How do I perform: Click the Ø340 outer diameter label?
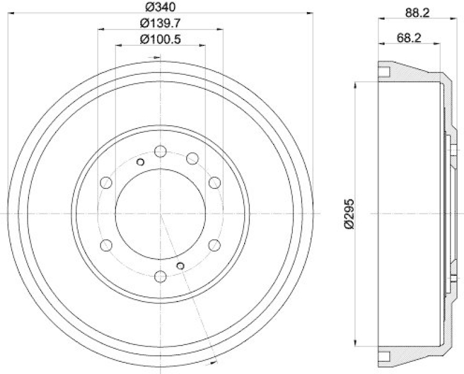(x=161, y=8)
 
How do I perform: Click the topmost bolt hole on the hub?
(x=161, y=152)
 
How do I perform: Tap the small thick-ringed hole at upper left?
(x=140, y=162)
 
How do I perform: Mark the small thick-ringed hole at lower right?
(x=181, y=266)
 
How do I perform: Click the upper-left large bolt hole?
(x=106, y=183)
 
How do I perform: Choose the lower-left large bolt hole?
(x=106, y=245)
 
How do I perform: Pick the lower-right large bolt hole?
(x=215, y=245)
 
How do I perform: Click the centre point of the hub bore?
(x=161, y=214)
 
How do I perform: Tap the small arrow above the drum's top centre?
(x=155, y=57)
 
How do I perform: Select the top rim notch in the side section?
(x=384, y=72)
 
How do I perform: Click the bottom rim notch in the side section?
(x=384, y=354)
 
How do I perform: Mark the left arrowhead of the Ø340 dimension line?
(x=11, y=12)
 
